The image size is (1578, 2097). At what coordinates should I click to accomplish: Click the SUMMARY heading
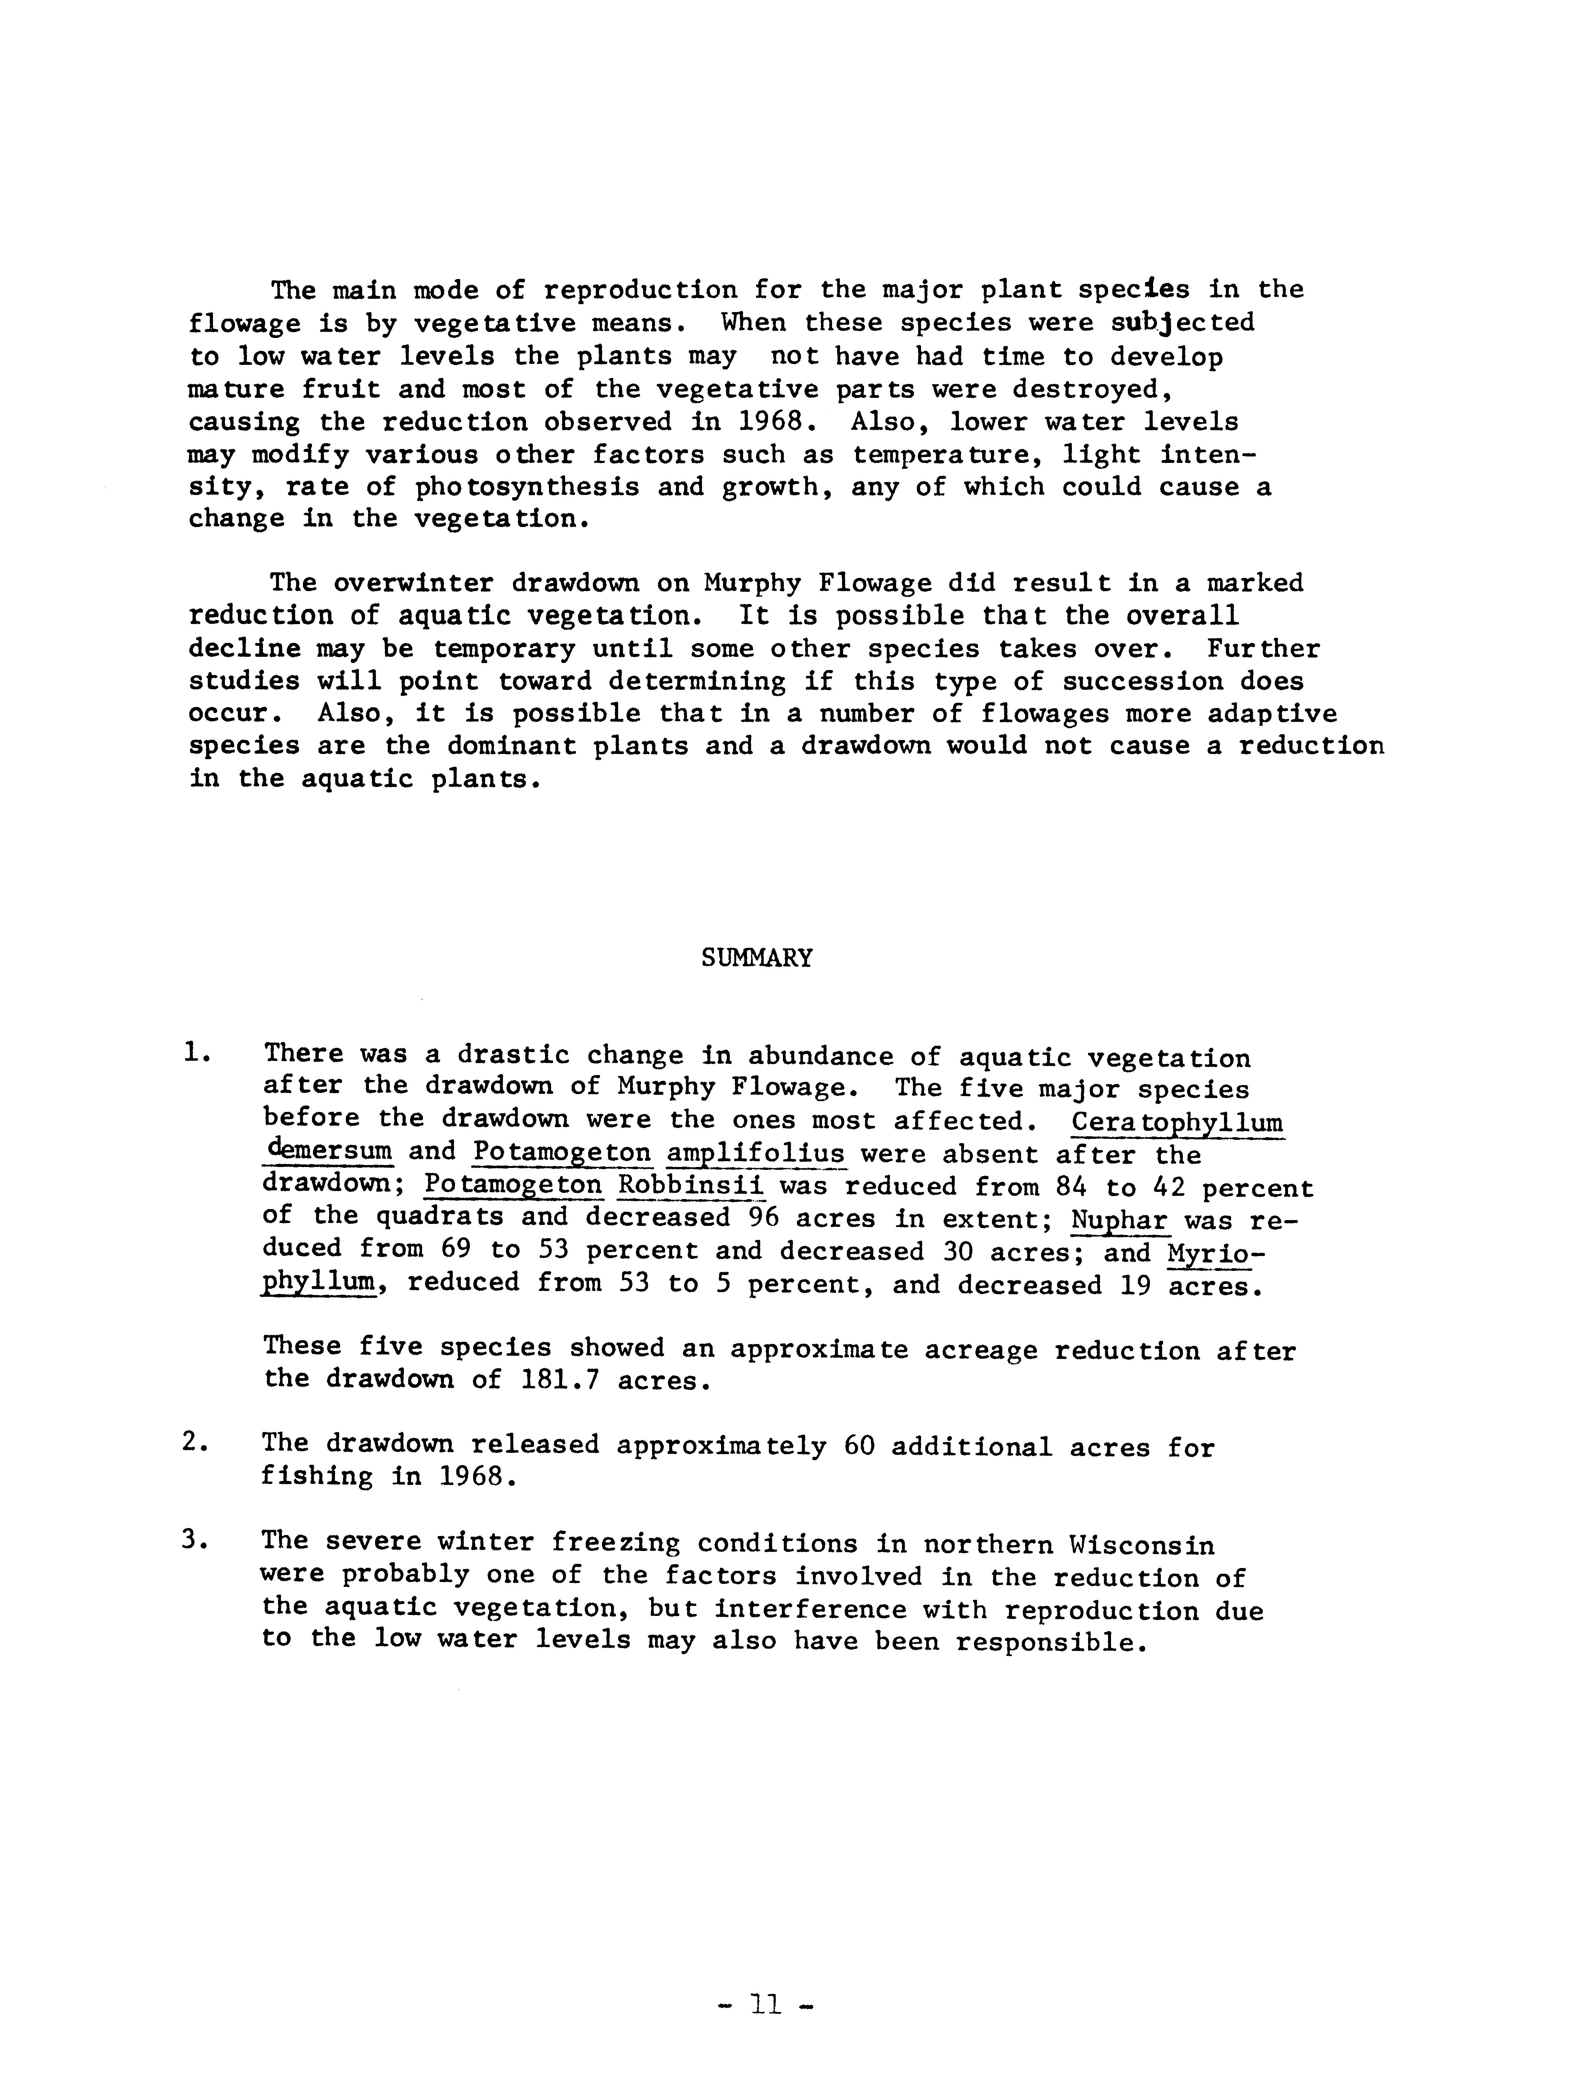pos(756,958)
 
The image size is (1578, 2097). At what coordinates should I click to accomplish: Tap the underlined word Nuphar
pos(1118,1219)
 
